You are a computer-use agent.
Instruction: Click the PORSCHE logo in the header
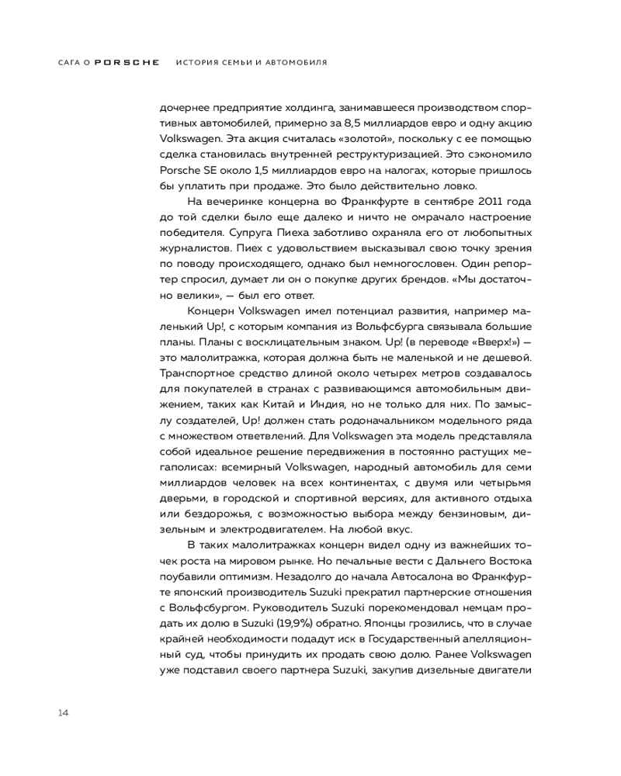[127, 61]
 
